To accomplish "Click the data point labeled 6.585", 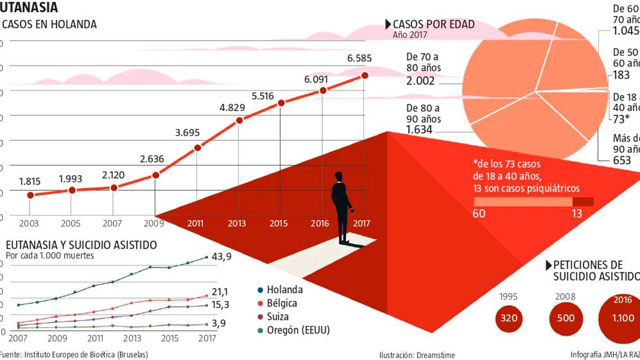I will [x=364, y=76].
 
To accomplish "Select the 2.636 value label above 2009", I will [x=152, y=159].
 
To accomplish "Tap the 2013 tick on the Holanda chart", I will [x=237, y=223].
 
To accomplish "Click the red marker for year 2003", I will [x=30, y=195].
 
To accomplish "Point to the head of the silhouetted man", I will [x=339, y=176].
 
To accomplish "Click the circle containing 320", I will [x=509, y=318].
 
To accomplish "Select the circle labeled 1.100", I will [x=622, y=318].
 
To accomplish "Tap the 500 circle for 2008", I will [x=566, y=318].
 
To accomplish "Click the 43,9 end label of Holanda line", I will [x=221, y=257].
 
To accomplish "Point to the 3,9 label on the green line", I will [x=219, y=323].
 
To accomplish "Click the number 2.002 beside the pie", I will [x=420, y=81].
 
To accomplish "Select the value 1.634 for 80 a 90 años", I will [x=419, y=130].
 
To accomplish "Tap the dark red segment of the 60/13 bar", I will [x=583, y=202].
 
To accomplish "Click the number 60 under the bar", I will [x=479, y=214].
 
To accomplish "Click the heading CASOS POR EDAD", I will [x=434, y=24].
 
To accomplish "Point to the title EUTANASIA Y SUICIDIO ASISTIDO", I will [x=81, y=245].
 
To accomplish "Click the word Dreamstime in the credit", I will [x=436, y=355].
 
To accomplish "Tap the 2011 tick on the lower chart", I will [x=95, y=338].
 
